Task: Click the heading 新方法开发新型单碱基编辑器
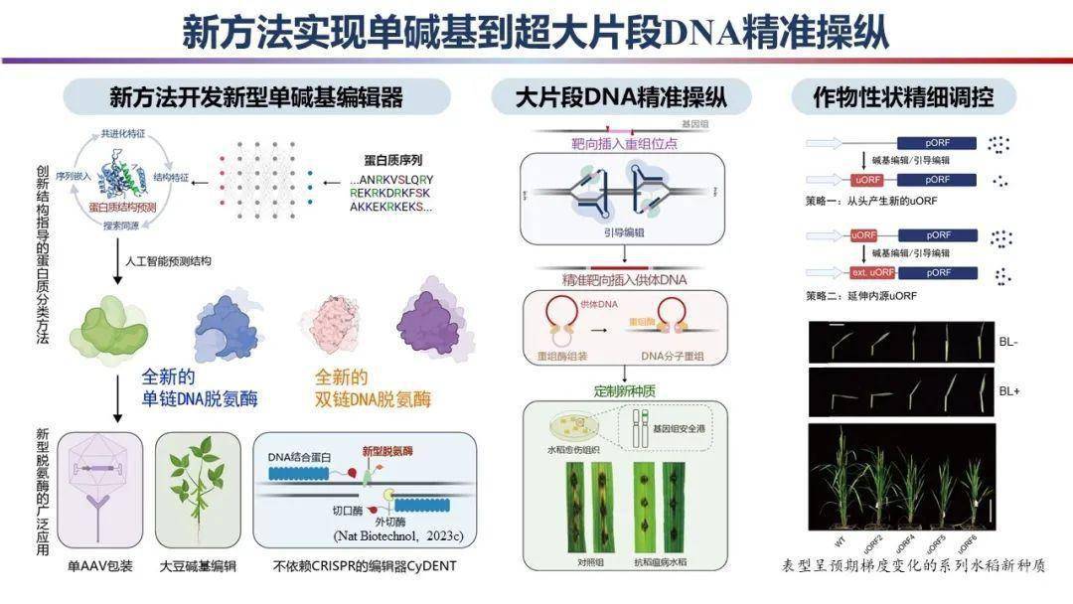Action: [x=255, y=97]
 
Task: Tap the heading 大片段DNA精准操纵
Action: [x=622, y=97]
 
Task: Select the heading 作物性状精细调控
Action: [x=901, y=97]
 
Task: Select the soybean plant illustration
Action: [x=196, y=490]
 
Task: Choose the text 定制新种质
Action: [x=623, y=390]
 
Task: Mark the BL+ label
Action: [x=1009, y=391]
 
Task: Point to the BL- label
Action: [x=1008, y=341]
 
